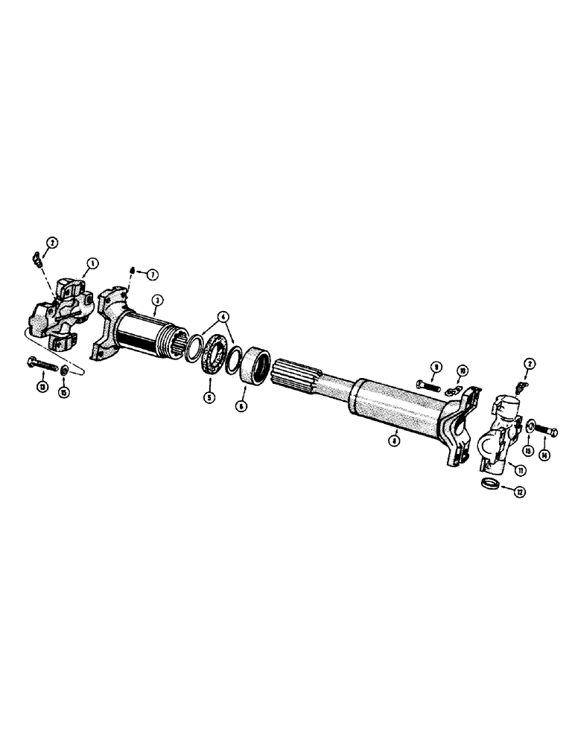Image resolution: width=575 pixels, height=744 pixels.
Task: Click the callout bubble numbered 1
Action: tap(93, 263)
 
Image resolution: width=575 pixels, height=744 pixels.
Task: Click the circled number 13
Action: tap(41, 388)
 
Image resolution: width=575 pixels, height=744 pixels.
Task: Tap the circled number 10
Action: tap(462, 369)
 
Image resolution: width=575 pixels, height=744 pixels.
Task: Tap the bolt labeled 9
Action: tap(427, 385)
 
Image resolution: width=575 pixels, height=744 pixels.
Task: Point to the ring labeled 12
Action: tap(489, 484)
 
